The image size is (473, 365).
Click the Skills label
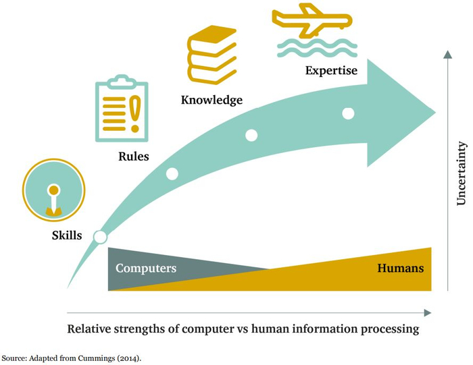67,235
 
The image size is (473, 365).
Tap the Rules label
133,157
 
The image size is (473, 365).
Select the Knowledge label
211,101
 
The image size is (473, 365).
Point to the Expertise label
331,69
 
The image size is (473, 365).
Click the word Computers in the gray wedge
146,269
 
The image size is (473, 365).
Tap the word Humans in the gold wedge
400,269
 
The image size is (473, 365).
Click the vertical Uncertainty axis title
462,173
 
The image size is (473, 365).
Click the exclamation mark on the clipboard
135,112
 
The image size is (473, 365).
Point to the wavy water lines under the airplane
312,48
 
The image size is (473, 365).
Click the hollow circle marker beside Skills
101,237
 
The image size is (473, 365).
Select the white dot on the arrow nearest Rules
172,173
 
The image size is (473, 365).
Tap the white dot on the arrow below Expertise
348,113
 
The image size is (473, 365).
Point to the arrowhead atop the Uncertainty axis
447,54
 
